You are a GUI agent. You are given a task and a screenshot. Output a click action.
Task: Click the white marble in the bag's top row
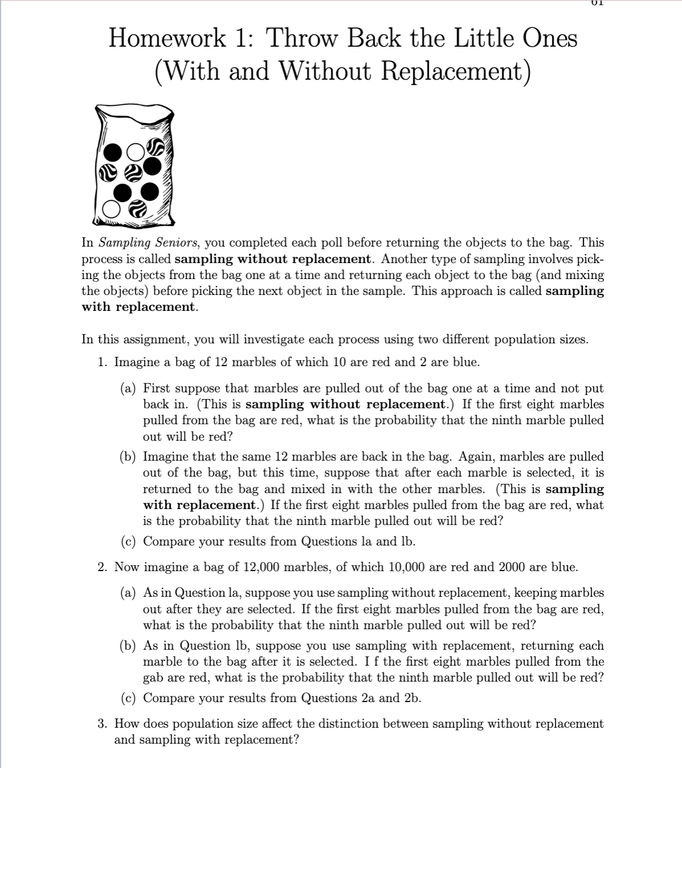click(135, 151)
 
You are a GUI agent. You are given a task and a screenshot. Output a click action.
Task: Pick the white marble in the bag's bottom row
click(111, 211)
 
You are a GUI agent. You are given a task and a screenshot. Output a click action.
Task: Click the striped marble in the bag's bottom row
click(137, 210)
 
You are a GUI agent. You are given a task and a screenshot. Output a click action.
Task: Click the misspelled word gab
click(153, 678)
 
